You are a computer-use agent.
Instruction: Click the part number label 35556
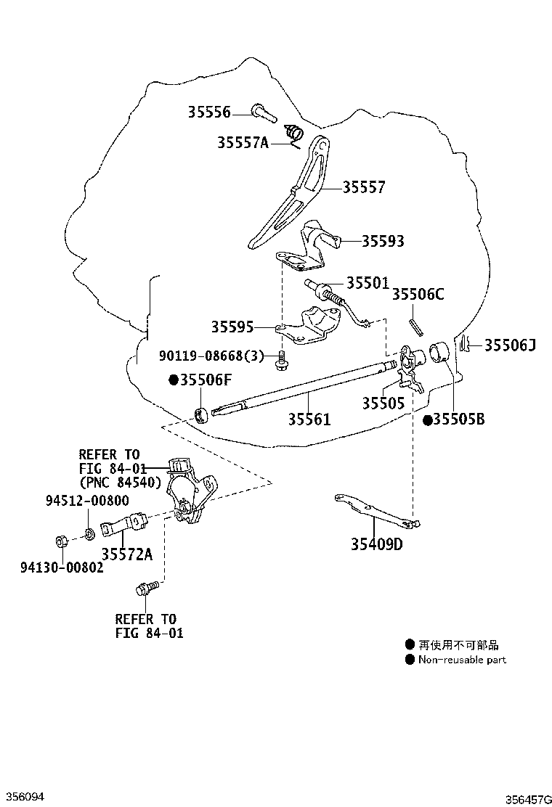(x=209, y=112)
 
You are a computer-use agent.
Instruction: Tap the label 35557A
(x=243, y=142)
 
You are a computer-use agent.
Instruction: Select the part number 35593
(x=383, y=241)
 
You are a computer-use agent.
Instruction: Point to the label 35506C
(x=418, y=294)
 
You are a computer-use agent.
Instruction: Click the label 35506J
(x=510, y=345)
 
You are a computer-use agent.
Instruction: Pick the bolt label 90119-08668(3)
(x=211, y=355)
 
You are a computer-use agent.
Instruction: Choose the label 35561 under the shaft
(x=309, y=419)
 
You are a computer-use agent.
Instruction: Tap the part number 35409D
(x=377, y=544)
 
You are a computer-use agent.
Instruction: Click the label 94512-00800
(x=88, y=500)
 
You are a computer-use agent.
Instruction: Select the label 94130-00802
(x=62, y=568)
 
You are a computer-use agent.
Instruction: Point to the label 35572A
(x=126, y=554)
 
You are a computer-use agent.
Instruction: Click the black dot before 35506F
(x=174, y=380)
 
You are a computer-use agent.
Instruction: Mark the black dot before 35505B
(x=427, y=420)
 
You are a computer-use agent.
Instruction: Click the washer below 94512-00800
(x=89, y=533)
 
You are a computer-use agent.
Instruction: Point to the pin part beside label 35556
(x=264, y=113)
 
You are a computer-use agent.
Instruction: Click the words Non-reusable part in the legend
(x=462, y=660)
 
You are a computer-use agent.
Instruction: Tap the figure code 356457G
(x=528, y=799)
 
